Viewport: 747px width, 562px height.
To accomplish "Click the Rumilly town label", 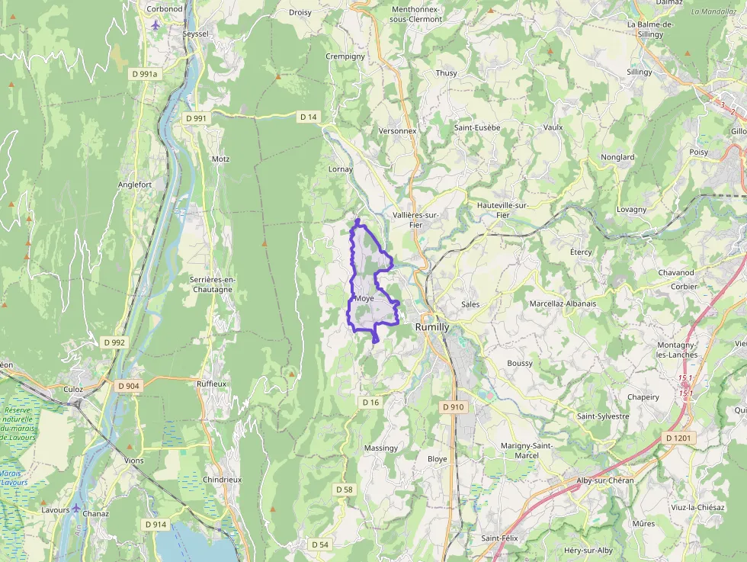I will (x=432, y=326).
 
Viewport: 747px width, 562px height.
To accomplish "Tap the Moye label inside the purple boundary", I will (x=364, y=298).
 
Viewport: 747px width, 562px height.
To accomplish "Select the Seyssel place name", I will (x=195, y=34).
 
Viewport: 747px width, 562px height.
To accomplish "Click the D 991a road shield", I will (x=143, y=74).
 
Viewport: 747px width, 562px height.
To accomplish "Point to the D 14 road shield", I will (x=308, y=117).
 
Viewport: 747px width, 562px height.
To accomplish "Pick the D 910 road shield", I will (x=453, y=407).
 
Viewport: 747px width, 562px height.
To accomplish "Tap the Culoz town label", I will (x=73, y=389).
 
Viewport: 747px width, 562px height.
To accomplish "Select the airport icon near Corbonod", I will (x=156, y=24).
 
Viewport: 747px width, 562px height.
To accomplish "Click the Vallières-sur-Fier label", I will (x=415, y=220).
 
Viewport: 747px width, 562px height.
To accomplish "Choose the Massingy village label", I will (x=381, y=448).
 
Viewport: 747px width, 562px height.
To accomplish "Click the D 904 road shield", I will (x=129, y=386).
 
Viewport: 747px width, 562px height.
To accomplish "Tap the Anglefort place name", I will (x=135, y=185).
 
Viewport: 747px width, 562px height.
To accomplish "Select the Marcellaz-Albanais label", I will (x=563, y=303).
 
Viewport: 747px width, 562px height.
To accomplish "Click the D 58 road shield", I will (x=344, y=489).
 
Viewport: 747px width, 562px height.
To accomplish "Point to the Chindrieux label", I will (x=223, y=479).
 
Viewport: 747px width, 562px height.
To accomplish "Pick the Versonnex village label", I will (x=398, y=130).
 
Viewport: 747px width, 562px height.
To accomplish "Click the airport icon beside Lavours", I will (x=76, y=509).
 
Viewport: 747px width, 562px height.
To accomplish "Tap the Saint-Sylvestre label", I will (x=603, y=416).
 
